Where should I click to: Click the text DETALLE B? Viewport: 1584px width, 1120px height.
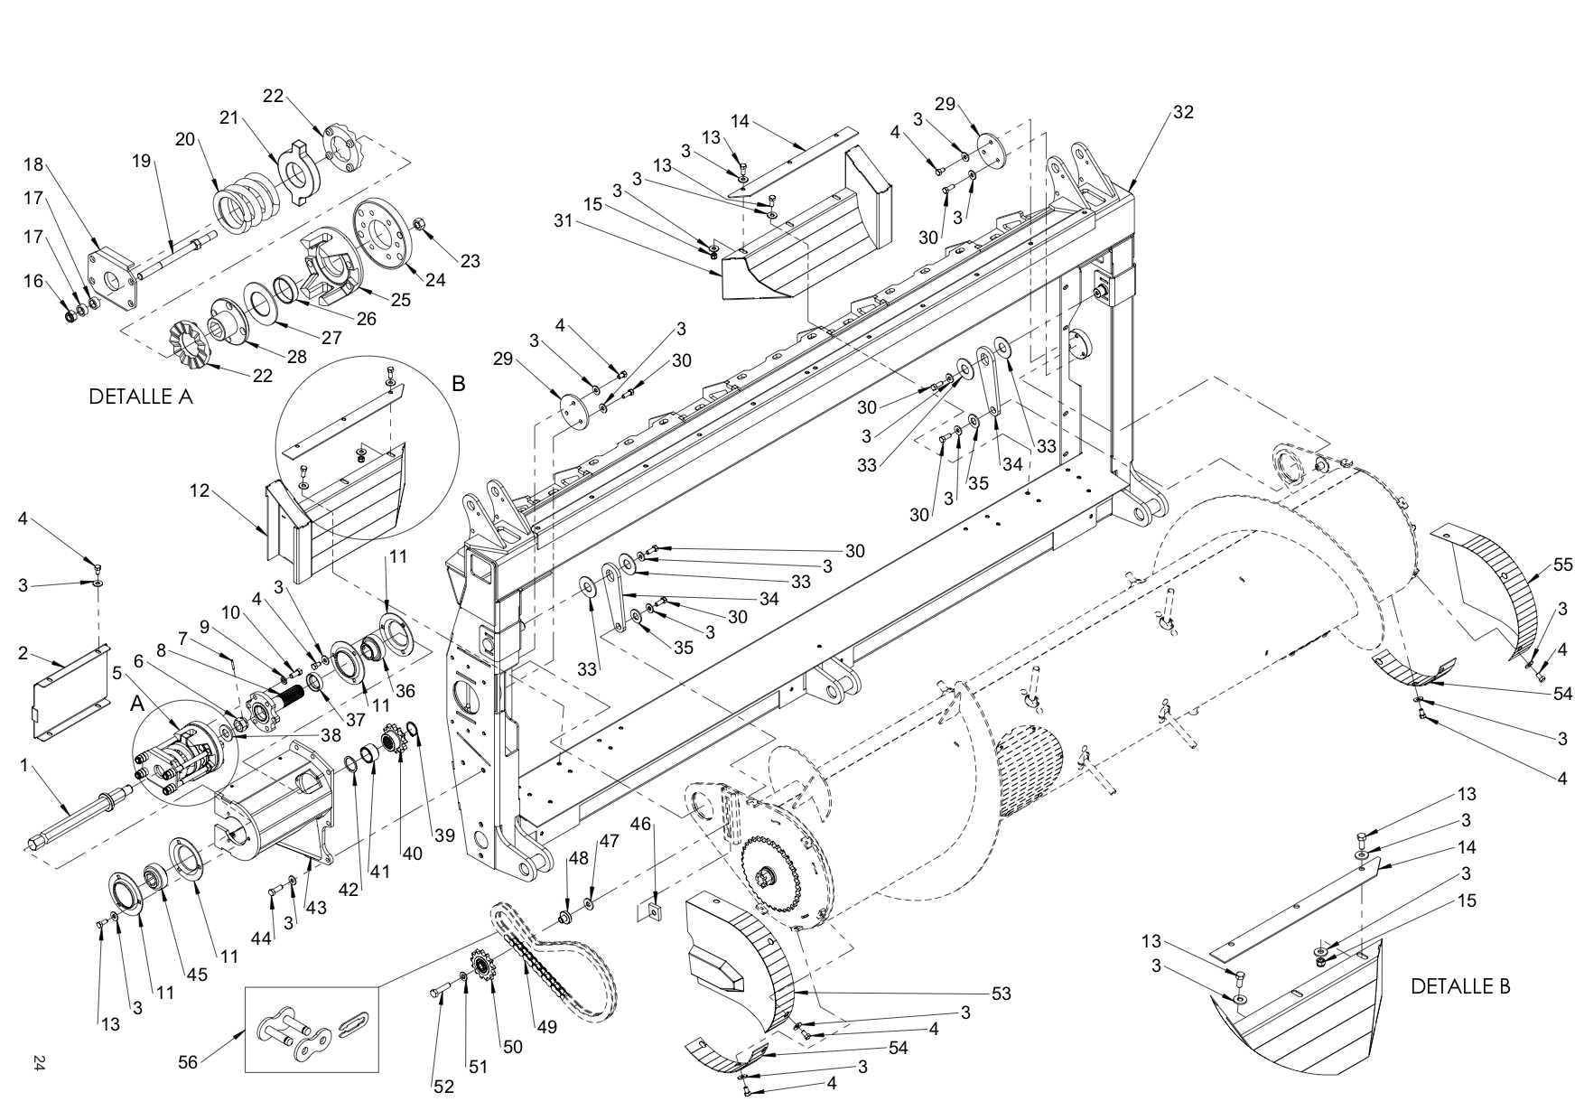pyautogui.click(x=1460, y=986)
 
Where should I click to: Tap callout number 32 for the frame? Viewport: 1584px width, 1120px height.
pyautogui.click(x=1183, y=112)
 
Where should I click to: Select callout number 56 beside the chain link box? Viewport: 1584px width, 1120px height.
pyautogui.click(x=187, y=1062)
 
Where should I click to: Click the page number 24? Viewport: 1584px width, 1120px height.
pyautogui.click(x=38, y=1062)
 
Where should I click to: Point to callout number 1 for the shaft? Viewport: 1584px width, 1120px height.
pyautogui.click(x=24, y=765)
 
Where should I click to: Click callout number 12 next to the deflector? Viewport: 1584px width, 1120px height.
pyautogui.click(x=200, y=491)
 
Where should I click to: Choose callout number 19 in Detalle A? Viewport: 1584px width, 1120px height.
pyautogui.click(x=141, y=162)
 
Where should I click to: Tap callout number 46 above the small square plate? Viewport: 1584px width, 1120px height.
pyautogui.click(x=640, y=824)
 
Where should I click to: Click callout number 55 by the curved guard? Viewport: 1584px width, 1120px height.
pyautogui.click(x=1563, y=565)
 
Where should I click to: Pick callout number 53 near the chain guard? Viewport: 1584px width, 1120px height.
pyautogui.click(x=1000, y=994)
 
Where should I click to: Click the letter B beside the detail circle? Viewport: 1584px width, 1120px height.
pyautogui.click(x=459, y=384)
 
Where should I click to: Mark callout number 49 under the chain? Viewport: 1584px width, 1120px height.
pyautogui.click(x=548, y=1026)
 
